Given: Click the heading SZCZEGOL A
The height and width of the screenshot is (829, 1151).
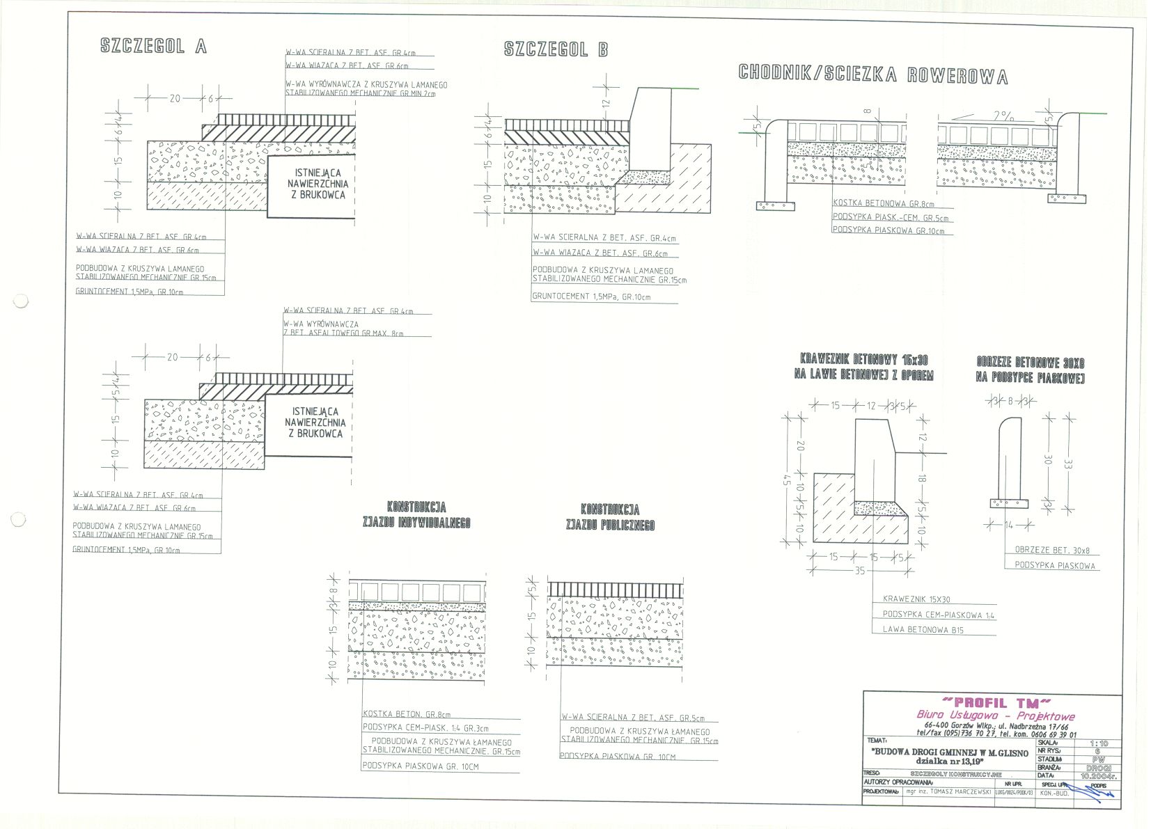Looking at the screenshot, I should pyautogui.click(x=154, y=47).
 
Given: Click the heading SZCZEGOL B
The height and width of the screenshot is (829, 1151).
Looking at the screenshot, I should pyautogui.click(x=556, y=49).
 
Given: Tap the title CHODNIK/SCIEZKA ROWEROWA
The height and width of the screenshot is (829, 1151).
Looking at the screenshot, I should pyautogui.click(x=872, y=74).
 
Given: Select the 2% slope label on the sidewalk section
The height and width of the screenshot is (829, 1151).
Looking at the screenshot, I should pyautogui.click(x=1003, y=116).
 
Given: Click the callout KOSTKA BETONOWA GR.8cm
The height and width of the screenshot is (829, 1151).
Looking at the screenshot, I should pyautogui.click(x=883, y=204).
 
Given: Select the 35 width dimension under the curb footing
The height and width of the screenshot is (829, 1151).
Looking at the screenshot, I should pyautogui.click(x=859, y=571).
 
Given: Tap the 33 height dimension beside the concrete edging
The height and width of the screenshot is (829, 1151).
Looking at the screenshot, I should pyautogui.click(x=1066, y=461).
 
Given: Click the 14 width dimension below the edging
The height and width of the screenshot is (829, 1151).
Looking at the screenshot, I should pyautogui.click(x=1008, y=525).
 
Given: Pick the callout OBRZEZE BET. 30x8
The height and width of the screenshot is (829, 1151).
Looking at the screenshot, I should pyautogui.click(x=1050, y=550).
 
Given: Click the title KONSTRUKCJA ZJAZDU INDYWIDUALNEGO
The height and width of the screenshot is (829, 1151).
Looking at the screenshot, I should pyautogui.click(x=416, y=515).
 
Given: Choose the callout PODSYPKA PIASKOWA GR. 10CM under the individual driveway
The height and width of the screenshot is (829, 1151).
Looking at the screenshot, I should pyautogui.click(x=420, y=766).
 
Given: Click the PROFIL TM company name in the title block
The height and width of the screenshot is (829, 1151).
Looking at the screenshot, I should pyautogui.click(x=994, y=702).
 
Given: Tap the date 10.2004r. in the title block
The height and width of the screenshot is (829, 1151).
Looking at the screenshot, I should pyautogui.click(x=1099, y=775).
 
